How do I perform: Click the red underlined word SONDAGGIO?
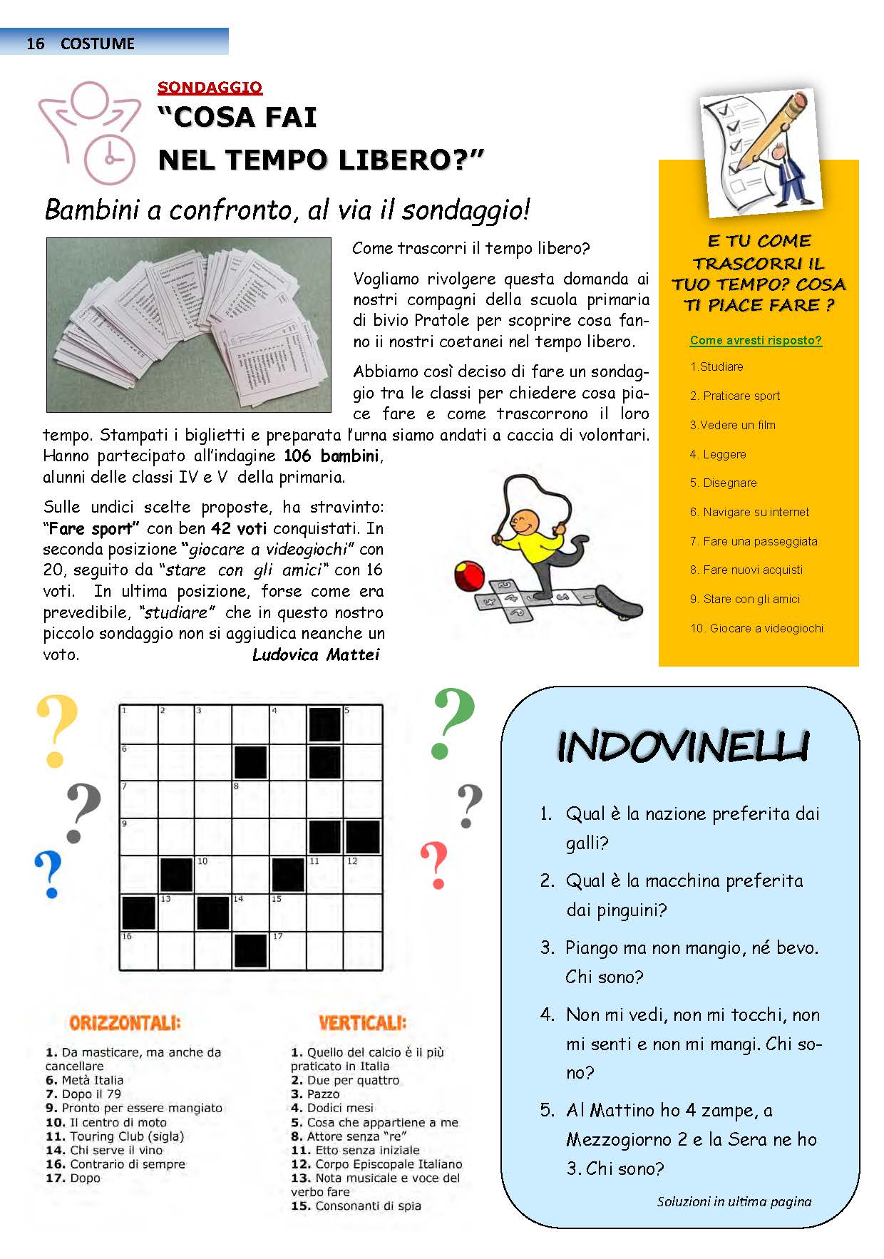(x=210, y=88)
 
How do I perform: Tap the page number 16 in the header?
(x=35, y=43)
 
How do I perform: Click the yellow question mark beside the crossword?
(x=56, y=731)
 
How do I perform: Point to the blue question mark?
(x=49, y=873)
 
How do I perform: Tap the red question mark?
(x=434, y=865)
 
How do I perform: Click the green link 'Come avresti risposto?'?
(x=756, y=341)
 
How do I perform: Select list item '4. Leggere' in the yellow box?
(x=718, y=454)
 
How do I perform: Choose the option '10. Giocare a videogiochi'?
(x=756, y=628)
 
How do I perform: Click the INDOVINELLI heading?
(x=682, y=746)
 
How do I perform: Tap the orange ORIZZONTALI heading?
(x=125, y=1023)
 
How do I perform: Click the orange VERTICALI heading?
(x=362, y=1023)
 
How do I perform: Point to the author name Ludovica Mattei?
(x=316, y=654)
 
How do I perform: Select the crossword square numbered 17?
(x=288, y=950)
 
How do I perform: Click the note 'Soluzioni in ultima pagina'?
(x=734, y=1201)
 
